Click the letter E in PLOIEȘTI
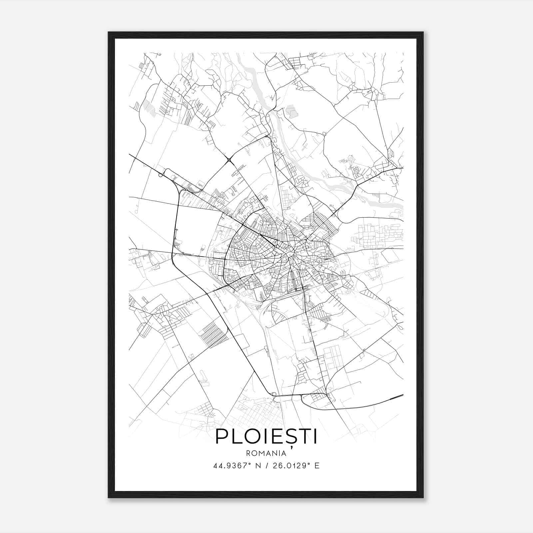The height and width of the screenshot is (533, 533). click(x=275, y=437)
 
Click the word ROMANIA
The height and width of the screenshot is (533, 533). click(x=266, y=453)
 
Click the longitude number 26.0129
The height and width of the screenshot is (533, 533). click(x=287, y=466)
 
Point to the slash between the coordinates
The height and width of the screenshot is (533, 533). click(x=266, y=466)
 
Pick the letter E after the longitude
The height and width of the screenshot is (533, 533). click(x=317, y=466)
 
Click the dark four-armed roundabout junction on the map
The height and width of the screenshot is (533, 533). click(x=229, y=161)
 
